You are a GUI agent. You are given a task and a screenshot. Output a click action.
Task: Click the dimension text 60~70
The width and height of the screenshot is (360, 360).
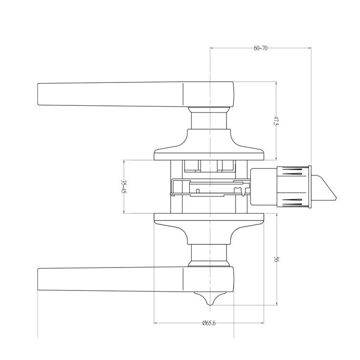(260, 48)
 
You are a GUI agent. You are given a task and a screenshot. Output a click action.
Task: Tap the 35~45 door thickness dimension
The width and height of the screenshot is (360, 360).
(123, 186)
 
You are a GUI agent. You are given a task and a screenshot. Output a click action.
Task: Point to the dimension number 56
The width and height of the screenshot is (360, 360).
(276, 259)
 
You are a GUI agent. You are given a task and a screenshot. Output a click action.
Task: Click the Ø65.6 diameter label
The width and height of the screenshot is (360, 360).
(209, 323)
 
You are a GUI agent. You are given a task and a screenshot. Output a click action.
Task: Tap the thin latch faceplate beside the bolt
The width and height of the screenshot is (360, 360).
(310, 187)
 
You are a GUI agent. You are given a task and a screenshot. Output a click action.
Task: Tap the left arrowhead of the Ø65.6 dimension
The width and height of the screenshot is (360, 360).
(156, 323)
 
